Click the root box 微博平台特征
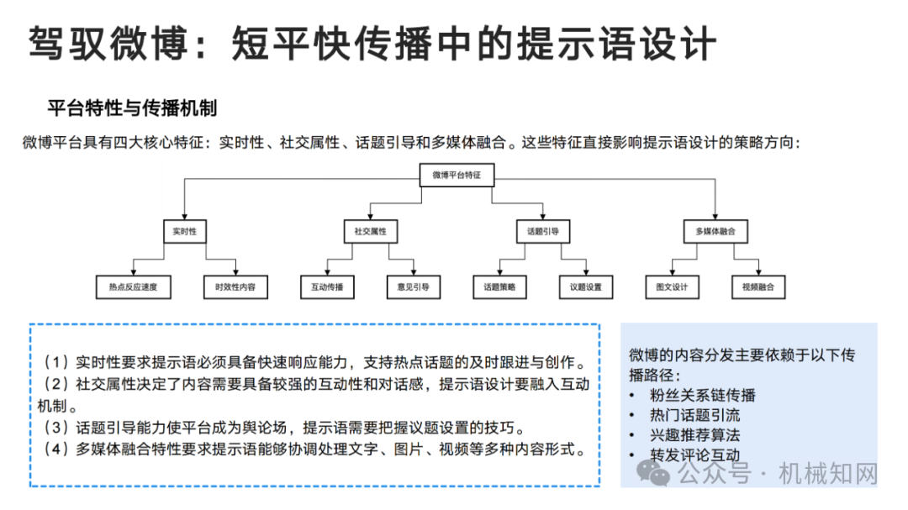click(457, 175)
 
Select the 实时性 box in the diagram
click(185, 232)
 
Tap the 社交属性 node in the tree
click(371, 232)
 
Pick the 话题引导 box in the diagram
click(543, 232)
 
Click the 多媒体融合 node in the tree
click(715, 232)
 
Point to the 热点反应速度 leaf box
click(133, 287)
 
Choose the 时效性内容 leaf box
click(235, 287)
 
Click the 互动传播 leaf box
click(327, 287)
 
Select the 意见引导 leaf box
click(414, 287)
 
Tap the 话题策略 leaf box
click(499, 287)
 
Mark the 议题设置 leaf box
click(586, 287)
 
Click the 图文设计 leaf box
click(673, 287)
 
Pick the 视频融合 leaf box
click(758, 287)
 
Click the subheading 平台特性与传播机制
click(132, 108)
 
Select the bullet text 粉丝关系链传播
click(702, 396)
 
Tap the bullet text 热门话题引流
click(695, 415)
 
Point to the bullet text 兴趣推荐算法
click(695, 434)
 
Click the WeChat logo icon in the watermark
click(653, 473)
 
